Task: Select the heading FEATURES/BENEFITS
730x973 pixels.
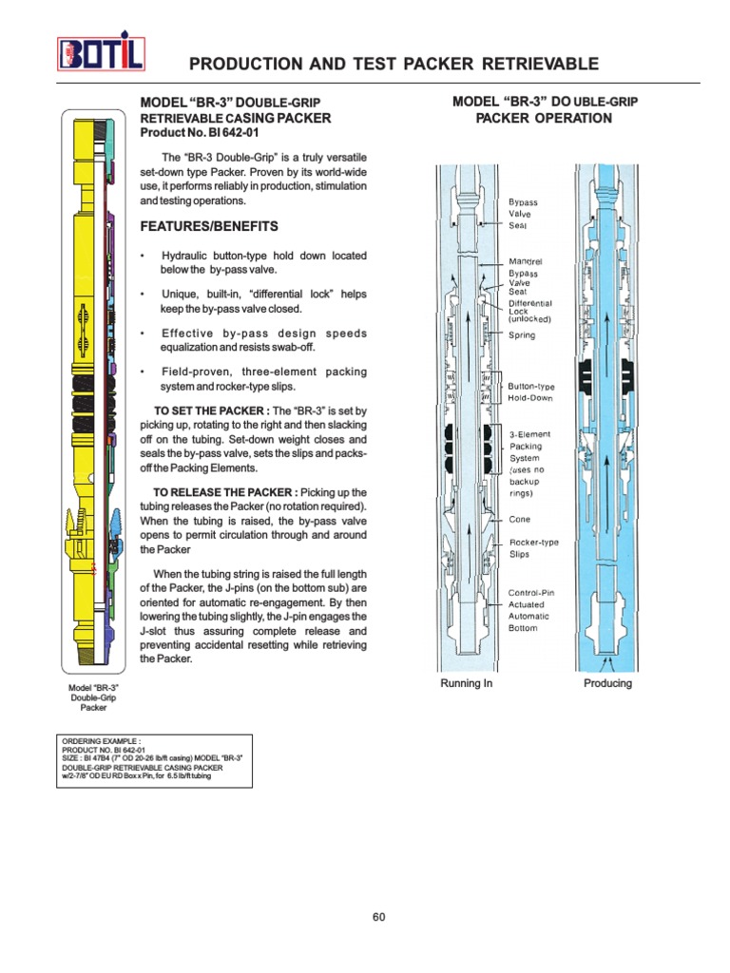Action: click(x=209, y=226)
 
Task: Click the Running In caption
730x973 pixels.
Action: click(x=466, y=684)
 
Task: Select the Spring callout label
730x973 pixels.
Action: click(x=521, y=335)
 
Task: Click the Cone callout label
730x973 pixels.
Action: click(x=519, y=520)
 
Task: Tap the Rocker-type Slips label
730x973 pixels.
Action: click(x=533, y=547)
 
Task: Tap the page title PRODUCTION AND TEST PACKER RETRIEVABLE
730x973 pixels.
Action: click(x=394, y=64)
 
